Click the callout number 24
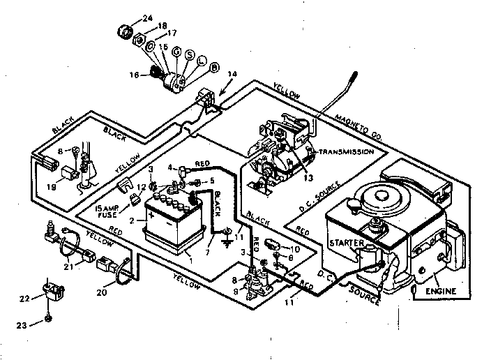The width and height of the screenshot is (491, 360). coord(147,18)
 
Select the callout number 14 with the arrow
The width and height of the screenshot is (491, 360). coord(232,74)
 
